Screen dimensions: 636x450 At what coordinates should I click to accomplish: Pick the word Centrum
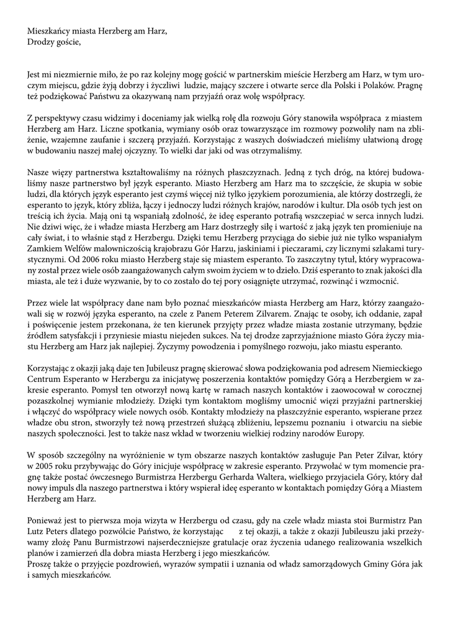tap(45, 378)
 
